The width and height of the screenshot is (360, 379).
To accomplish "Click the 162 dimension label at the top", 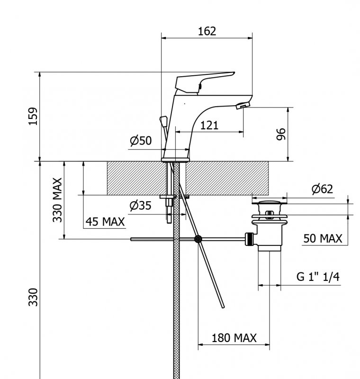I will (x=207, y=31).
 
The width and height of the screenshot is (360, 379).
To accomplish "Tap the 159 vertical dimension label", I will (x=33, y=116).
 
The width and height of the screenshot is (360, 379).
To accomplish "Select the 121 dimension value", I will (x=209, y=125).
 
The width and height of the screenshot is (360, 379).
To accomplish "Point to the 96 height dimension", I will (x=281, y=134).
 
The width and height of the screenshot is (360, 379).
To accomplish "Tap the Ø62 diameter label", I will (x=322, y=189).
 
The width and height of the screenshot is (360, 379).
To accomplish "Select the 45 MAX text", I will (x=105, y=222).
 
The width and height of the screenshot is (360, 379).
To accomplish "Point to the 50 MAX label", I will (x=323, y=238).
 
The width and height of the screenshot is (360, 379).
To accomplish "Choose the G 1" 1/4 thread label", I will (x=318, y=278).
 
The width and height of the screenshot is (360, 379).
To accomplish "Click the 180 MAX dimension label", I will (x=234, y=338).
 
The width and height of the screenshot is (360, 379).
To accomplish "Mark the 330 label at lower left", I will (x=33, y=297).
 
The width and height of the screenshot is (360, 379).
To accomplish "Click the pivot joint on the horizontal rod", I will (x=198, y=239).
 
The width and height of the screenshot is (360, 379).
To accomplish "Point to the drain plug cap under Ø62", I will (x=270, y=204).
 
